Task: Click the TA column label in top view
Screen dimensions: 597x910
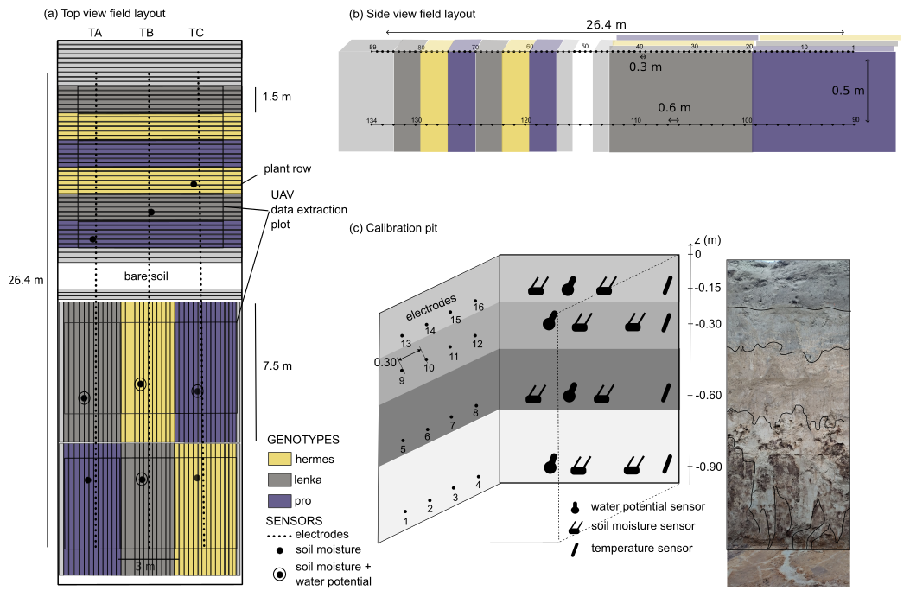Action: [x=96, y=33]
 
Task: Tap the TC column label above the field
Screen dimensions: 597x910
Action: [x=196, y=33]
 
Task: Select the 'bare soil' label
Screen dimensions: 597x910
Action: [x=150, y=276]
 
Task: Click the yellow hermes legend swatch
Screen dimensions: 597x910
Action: [x=279, y=457]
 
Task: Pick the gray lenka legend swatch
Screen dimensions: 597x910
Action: [x=279, y=478]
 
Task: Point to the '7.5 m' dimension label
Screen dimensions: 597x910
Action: [x=277, y=366]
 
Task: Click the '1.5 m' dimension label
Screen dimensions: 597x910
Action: [x=277, y=97]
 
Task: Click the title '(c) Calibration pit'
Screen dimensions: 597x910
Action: [x=392, y=228]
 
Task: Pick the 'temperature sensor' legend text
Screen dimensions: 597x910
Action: [x=641, y=549]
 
